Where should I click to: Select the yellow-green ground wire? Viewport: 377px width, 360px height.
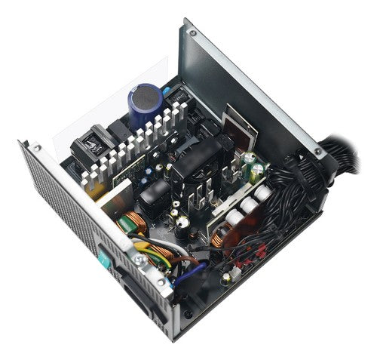(155, 253)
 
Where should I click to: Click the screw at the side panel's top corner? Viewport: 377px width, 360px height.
(191, 32)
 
